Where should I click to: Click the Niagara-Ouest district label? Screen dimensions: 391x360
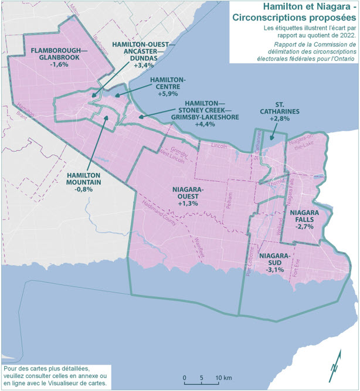point(188,193)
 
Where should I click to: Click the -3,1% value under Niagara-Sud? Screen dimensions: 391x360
point(274,270)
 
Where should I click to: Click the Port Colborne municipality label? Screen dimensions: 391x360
point(250,267)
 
